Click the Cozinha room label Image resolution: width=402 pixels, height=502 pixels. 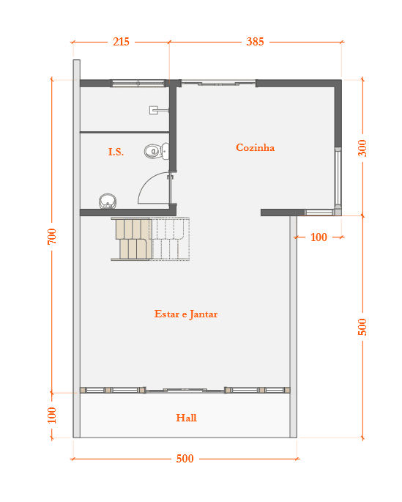tap(255, 147)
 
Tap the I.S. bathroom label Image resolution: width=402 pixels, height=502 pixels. tap(116, 152)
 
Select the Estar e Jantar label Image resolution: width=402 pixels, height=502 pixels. tap(186, 314)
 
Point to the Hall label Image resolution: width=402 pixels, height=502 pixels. tap(186, 418)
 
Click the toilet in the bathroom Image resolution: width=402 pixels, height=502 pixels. tap(157, 151)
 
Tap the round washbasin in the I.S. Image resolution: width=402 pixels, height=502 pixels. tap(108, 201)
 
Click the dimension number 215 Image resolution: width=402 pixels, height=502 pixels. tap(121, 42)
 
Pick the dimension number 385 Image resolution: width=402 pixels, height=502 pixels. tap(255, 42)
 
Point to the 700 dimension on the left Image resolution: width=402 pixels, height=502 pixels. tap(52, 236)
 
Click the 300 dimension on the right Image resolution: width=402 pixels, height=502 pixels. tap(362, 148)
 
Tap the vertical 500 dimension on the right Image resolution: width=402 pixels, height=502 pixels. tap(362, 327)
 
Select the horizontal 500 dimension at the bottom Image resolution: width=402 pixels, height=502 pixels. tap(185, 459)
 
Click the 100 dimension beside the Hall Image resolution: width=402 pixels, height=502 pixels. tap(52, 415)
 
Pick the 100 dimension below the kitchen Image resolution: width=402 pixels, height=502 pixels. tap(319, 237)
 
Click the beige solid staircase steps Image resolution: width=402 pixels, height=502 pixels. tap(132, 239)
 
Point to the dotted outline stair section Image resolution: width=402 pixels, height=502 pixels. tap(170, 239)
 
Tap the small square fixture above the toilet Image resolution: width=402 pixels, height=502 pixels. tap(155, 110)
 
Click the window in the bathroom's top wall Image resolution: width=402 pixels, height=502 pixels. tap(138, 84)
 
